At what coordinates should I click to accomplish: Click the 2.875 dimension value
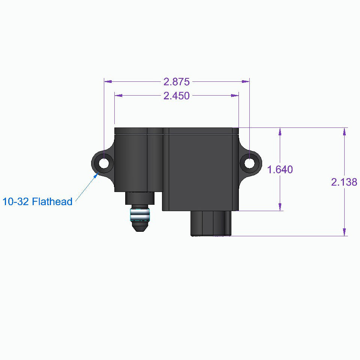click(176, 81)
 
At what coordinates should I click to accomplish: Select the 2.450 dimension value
click(176, 96)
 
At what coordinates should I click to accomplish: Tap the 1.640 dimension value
click(280, 169)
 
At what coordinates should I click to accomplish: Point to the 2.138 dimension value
click(344, 182)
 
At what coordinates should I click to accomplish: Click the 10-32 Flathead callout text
click(37, 202)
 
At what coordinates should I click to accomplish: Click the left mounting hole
click(104, 163)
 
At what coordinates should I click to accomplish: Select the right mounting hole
click(249, 163)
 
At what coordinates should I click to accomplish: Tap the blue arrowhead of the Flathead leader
click(96, 175)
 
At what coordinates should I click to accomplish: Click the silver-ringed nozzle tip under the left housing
click(140, 220)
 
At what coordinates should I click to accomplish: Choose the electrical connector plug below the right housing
click(211, 223)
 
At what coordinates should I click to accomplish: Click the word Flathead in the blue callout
click(52, 202)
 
